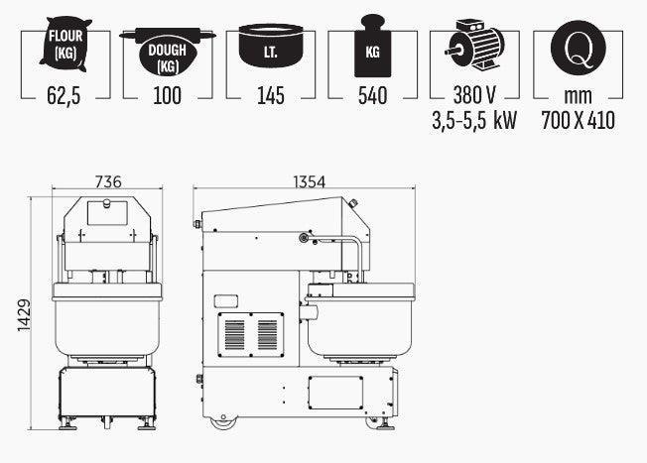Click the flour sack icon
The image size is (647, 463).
(x=65, y=44)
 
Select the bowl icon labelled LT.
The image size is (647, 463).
(x=271, y=46)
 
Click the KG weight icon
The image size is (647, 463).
(x=372, y=46)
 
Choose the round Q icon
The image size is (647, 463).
(x=579, y=48)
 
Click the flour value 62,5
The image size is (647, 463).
(x=64, y=95)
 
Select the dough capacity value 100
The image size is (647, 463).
(x=167, y=95)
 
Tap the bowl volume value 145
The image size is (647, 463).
(x=271, y=95)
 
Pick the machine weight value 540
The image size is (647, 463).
(x=372, y=95)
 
